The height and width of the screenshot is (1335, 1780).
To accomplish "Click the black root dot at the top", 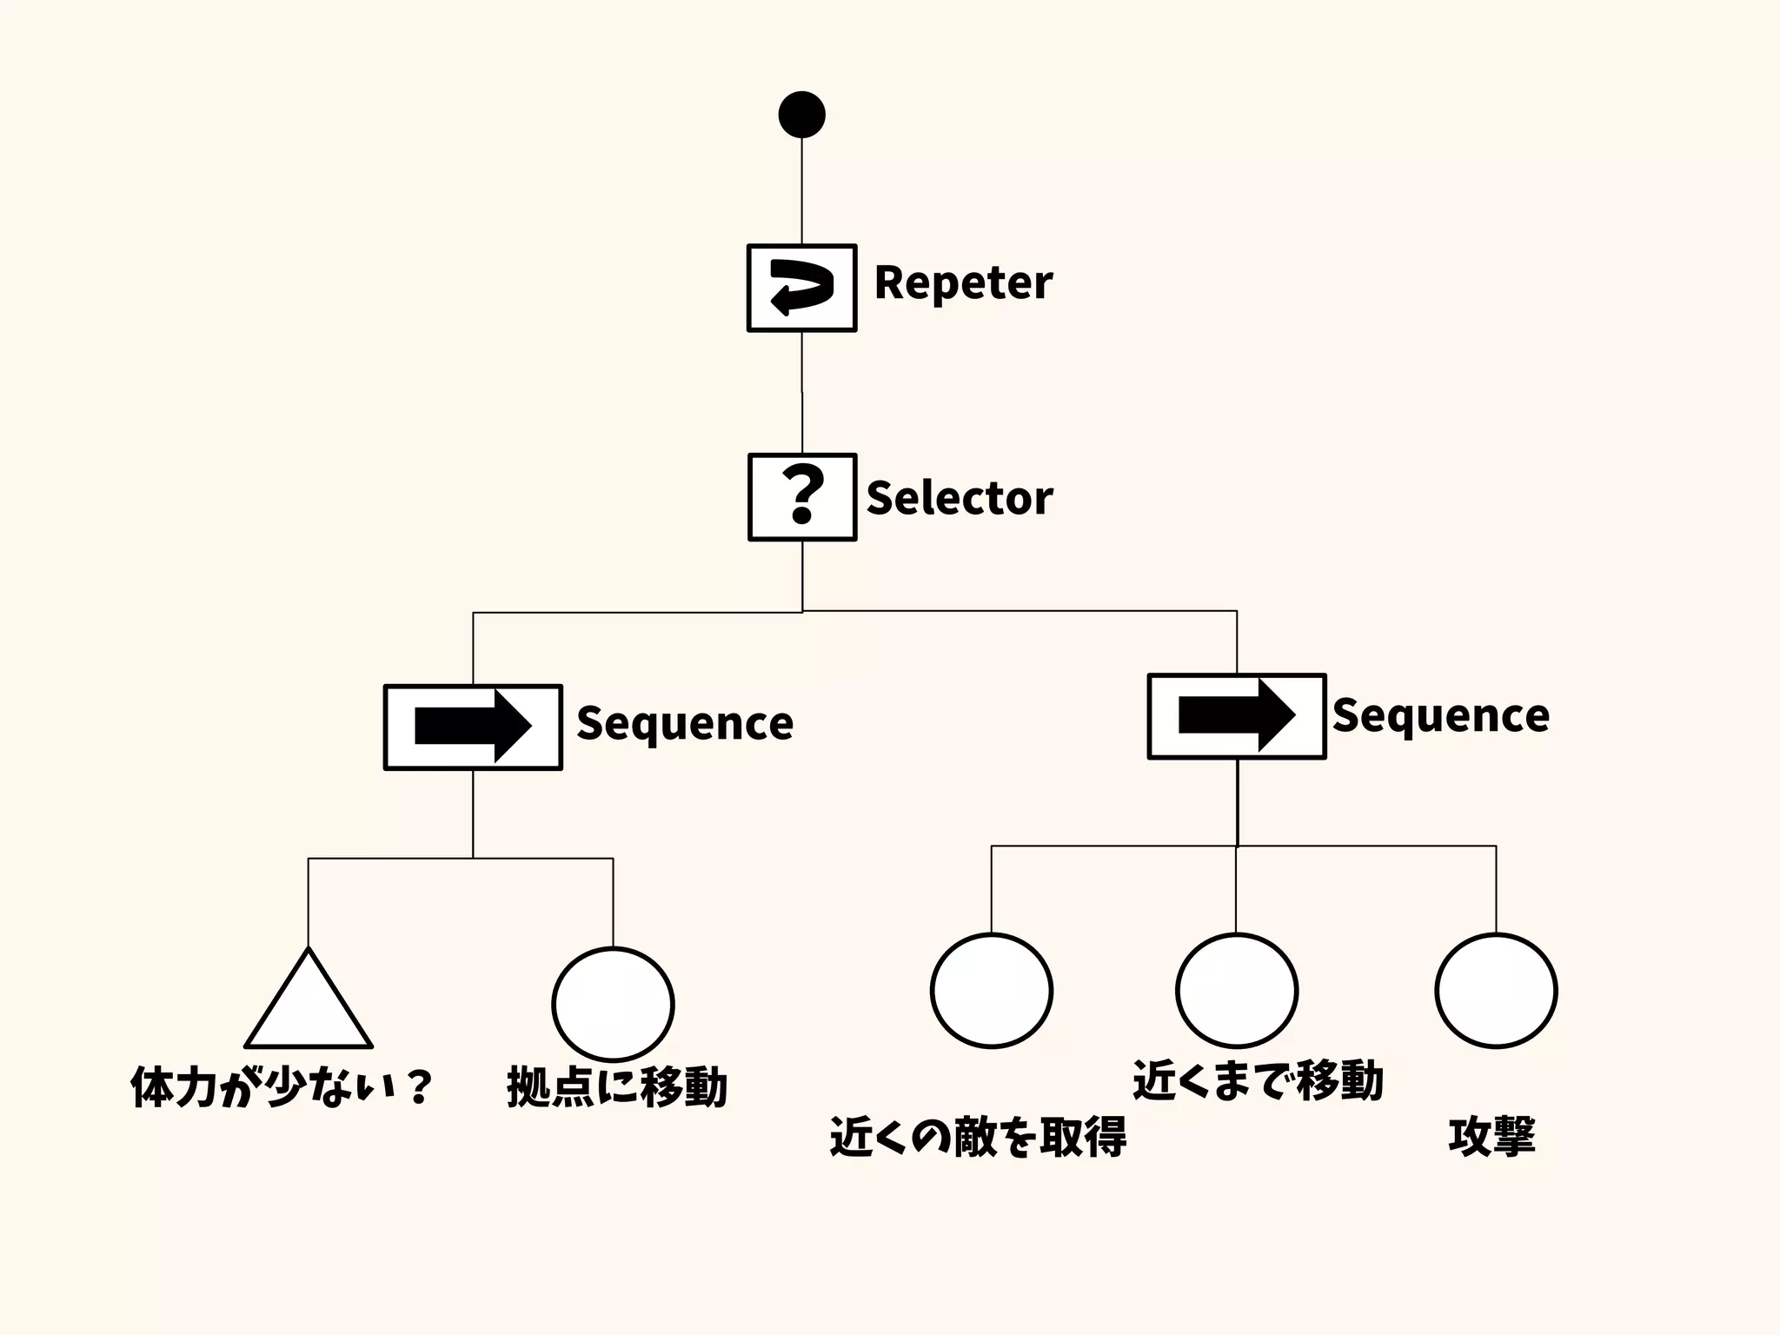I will [801, 115].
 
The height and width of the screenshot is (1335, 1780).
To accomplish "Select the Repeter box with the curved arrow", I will [801, 288].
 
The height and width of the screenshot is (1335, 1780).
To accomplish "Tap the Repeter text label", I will [963, 283].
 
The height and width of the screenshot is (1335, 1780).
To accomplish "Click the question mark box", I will [802, 497].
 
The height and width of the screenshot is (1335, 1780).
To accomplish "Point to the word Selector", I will [959, 498].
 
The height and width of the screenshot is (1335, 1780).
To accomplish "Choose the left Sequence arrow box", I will [473, 727].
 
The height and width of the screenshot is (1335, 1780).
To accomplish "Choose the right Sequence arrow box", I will [1236, 716].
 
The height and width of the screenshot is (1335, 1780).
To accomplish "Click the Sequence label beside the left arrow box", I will [685, 723].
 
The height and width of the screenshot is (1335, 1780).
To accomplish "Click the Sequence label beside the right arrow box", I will [1440, 715].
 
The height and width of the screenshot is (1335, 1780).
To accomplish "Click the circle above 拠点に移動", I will [613, 1004].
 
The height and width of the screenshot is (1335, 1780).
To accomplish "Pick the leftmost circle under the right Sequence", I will [991, 991].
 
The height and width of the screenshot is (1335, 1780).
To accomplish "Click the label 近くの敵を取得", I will [978, 1136].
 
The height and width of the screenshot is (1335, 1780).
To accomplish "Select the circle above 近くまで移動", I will [1236, 991].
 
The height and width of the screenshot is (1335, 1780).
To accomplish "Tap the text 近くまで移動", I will [1257, 1080].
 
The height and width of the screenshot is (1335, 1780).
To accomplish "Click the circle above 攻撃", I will [1495, 991].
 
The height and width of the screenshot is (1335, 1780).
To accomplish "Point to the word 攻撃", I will [1491, 1136].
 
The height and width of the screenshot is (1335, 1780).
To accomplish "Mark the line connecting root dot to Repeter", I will [801, 191].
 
